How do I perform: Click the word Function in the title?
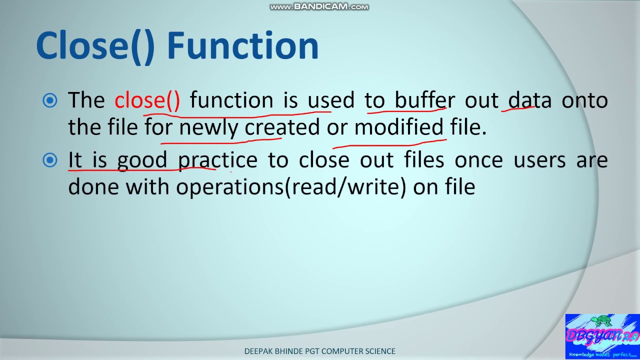pyautogui.click(x=243, y=46)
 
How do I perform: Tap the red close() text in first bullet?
pyautogui.click(x=147, y=100)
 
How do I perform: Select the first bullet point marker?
pyautogui.click(x=50, y=101)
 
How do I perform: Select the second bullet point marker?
pyautogui.click(x=50, y=160)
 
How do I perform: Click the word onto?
pyautogui.click(x=584, y=100)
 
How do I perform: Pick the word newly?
pyautogui.click(x=208, y=128)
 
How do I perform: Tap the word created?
pyautogui.click(x=281, y=128)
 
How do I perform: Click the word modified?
pyautogui.click(x=399, y=128)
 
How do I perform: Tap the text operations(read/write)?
pyautogui.click(x=291, y=187)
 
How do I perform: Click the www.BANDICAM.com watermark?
pyautogui.click(x=319, y=6)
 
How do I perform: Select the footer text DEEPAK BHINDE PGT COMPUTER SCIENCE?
pyautogui.click(x=319, y=351)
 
